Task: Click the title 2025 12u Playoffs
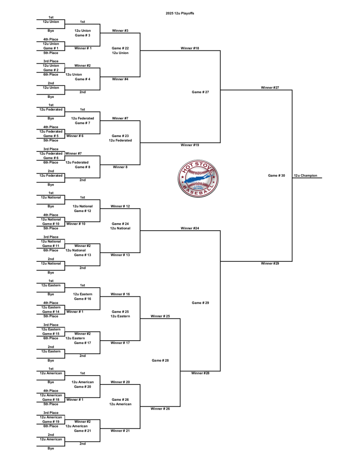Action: point(180,14)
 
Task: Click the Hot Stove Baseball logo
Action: point(198,178)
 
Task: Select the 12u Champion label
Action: point(305,176)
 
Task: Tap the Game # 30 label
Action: point(277,176)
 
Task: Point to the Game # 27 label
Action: point(200,92)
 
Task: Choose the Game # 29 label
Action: point(200,303)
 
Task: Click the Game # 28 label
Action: point(160,361)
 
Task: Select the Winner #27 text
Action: point(270,88)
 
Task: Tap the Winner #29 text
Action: point(270,263)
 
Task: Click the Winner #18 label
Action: point(190,48)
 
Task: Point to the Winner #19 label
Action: point(190,145)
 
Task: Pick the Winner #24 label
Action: point(190,228)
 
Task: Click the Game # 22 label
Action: point(120,48)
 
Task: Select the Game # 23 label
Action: point(120,136)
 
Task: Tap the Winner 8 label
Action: point(120,167)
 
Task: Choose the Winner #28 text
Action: point(200,373)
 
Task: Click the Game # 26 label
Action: point(120,400)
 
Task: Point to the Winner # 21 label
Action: point(120,431)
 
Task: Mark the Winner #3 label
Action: point(120,31)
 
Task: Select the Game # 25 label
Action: point(120,312)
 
